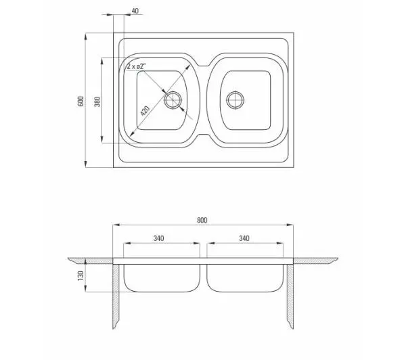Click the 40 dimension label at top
pos(135,11)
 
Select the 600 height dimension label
pos(81,101)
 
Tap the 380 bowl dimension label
pos(97,102)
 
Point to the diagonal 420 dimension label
pos(145,110)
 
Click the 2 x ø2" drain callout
pos(136,66)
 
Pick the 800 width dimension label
pos(202,220)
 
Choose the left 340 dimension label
pos(158,238)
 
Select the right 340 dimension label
pos(244,238)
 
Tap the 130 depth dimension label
pos(81,275)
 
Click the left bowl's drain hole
pos(173,99)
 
